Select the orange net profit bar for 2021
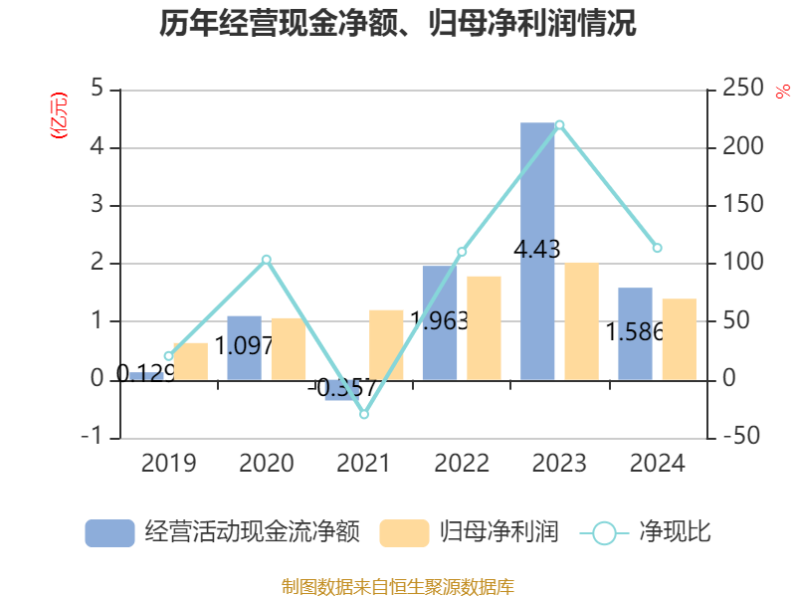[386, 344]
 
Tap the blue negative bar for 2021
[342, 390]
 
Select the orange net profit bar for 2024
[680, 339]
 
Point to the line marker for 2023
[559, 124]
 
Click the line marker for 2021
[364, 414]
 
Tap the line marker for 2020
[267, 260]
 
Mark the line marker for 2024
[657, 248]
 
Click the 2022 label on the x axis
[462, 464]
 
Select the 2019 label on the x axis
[168, 464]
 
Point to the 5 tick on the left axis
[98, 90]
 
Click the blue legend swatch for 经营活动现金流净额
[109, 533]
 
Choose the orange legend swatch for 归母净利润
[404, 533]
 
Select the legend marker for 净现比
[604, 533]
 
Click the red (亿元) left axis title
[59, 115]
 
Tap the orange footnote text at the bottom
[398, 587]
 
